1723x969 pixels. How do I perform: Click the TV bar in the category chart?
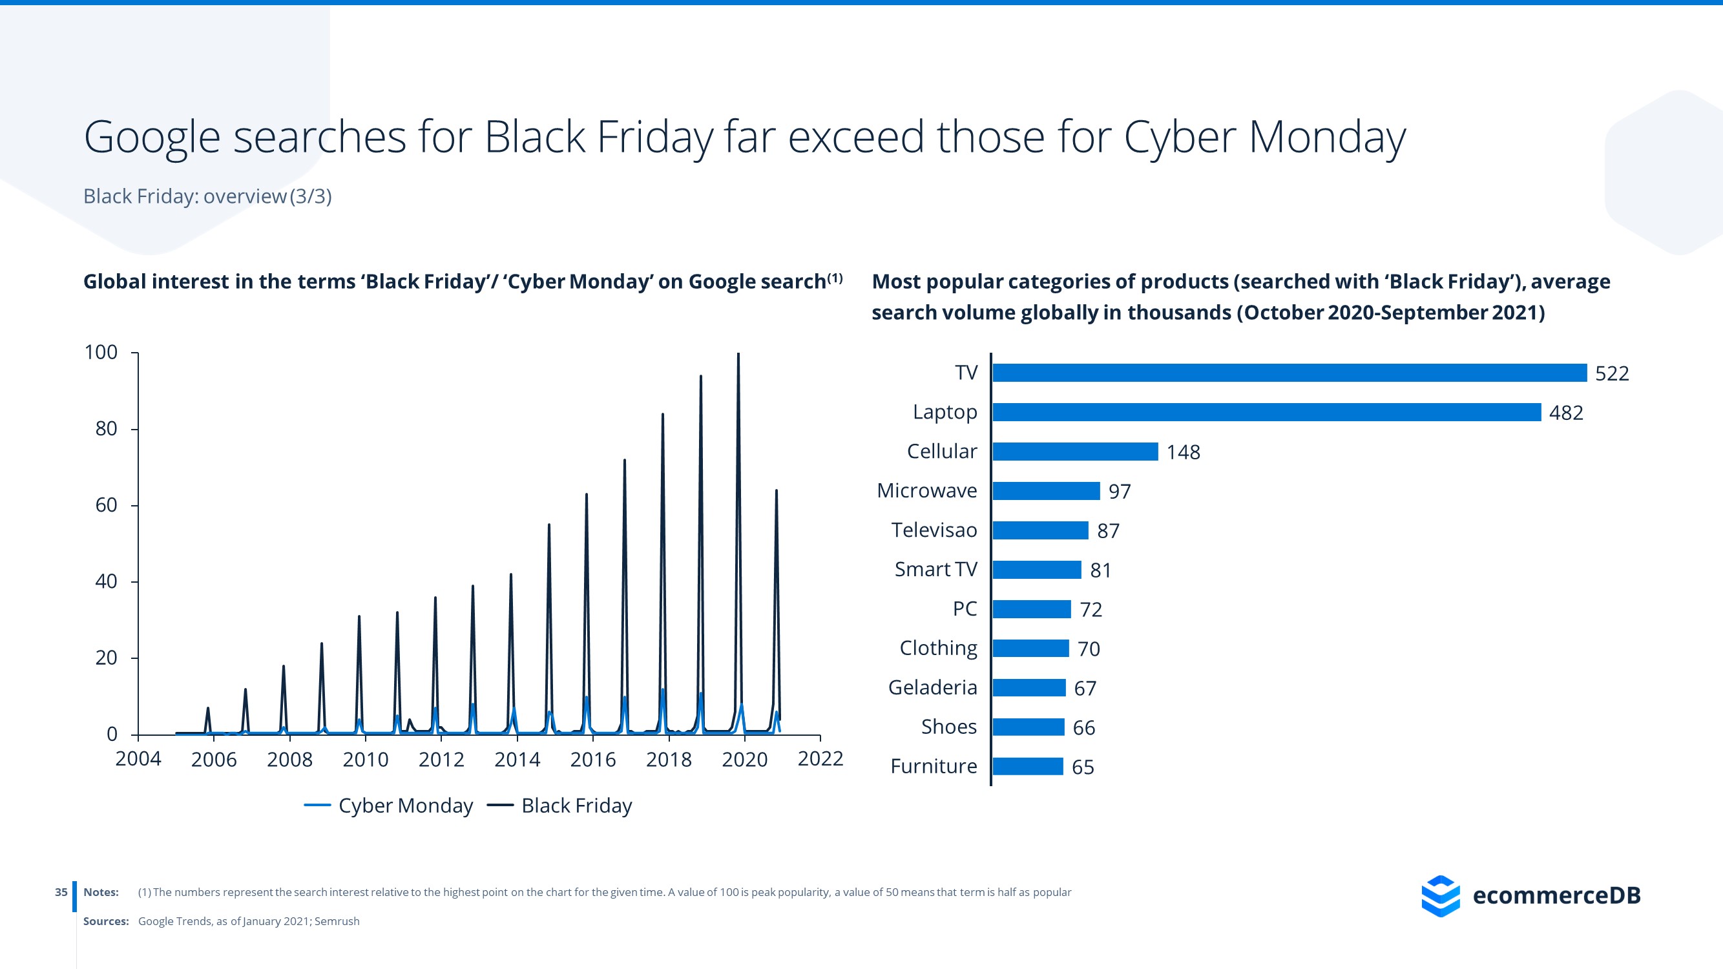tap(1289, 373)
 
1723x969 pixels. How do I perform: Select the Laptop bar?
tap(1266, 412)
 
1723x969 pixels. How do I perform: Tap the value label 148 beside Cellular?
tap(1182, 452)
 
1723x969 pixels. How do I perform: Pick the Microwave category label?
tap(926, 491)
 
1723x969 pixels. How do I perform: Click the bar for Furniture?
tap(1027, 766)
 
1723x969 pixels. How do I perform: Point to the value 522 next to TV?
tap(1611, 373)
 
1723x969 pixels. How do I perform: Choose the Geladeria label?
tap(932, 687)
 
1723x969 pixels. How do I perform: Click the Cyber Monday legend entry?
tap(389, 805)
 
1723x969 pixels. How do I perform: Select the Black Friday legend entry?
tap(560, 805)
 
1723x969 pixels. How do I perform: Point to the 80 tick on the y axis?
tap(107, 429)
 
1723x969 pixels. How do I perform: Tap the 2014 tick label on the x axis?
tap(517, 760)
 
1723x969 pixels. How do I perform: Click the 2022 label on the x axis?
tap(820, 759)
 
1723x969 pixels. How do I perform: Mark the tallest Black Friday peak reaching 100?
tap(738, 356)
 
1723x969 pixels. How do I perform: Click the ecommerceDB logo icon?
tap(1440, 895)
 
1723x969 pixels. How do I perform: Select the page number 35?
tap(61, 892)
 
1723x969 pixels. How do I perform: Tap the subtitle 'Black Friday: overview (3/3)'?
tap(207, 196)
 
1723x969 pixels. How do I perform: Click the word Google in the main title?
tap(152, 138)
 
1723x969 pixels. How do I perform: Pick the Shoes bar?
tap(1028, 727)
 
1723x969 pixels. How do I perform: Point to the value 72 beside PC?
tap(1091, 609)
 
